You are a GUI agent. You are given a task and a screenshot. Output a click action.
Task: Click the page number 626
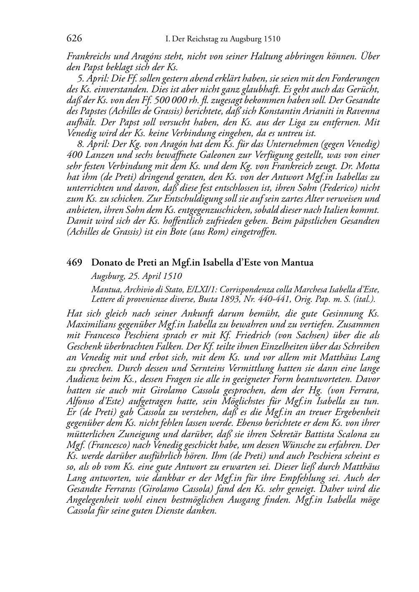(74, 39)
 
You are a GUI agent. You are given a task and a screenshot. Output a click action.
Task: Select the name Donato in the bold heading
(106, 263)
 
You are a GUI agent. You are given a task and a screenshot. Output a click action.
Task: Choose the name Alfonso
(81, 402)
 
